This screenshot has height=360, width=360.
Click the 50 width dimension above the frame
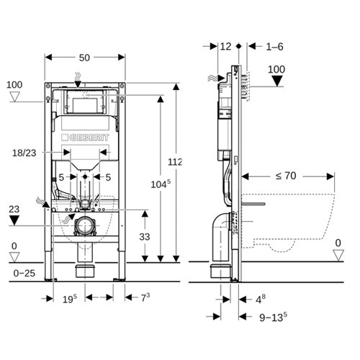pos(84,56)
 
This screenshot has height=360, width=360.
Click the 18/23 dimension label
pos(25,152)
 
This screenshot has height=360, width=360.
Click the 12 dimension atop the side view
pos(225,46)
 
